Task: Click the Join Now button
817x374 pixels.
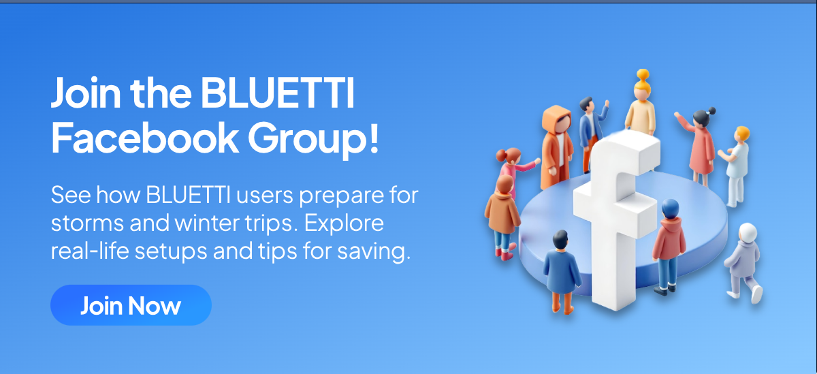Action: [x=131, y=305]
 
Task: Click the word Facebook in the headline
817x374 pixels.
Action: [x=145, y=138]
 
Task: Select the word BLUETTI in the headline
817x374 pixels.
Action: [x=278, y=93]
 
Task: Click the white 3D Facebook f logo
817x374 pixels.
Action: [x=616, y=219]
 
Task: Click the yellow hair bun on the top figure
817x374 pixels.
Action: [x=643, y=74]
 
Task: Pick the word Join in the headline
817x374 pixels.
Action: [x=86, y=93]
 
